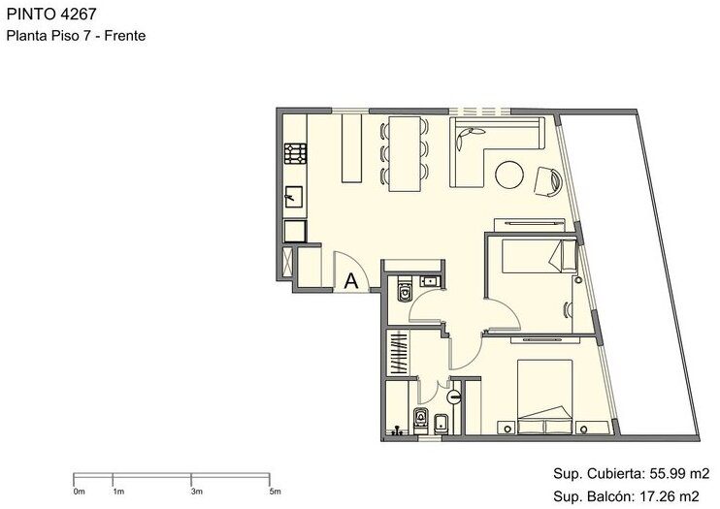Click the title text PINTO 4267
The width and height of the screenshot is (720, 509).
51,14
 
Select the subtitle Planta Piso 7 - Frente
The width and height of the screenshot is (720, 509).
76,36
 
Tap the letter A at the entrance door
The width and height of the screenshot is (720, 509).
351,280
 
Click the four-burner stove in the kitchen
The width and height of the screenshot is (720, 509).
295,153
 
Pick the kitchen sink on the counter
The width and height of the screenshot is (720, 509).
294,197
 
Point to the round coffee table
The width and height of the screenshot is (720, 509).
509,175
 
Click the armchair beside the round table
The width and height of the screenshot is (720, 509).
548,181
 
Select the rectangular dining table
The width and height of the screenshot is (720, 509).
405,154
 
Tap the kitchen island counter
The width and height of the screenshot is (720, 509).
351,148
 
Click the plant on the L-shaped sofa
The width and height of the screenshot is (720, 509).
469,136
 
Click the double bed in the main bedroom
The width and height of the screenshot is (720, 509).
545,397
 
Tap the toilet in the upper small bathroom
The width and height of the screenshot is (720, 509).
405,289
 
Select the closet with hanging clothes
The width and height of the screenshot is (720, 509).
398,353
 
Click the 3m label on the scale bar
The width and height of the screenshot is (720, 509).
197,492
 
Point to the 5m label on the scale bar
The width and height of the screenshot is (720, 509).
275,492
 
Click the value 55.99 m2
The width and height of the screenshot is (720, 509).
679,473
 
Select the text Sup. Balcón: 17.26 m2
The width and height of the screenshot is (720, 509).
626,496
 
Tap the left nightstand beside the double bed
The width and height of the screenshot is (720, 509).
507,428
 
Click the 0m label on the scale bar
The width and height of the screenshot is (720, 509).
79,492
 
